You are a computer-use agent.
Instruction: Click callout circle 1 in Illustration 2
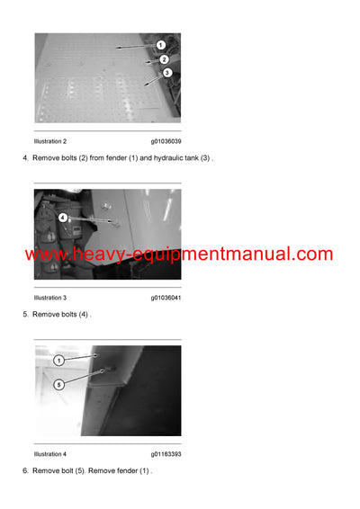(x=160, y=45)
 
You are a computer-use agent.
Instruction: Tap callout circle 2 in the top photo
(x=165, y=59)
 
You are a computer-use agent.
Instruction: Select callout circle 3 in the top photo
(x=167, y=73)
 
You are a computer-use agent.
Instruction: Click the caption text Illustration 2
(x=50, y=141)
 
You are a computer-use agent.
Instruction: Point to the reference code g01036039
(x=166, y=141)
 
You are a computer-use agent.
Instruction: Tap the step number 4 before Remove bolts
(x=24, y=158)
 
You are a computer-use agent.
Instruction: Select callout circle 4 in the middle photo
(x=63, y=218)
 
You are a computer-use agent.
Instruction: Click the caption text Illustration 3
(x=50, y=298)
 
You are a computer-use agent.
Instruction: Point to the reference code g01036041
(x=166, y=298)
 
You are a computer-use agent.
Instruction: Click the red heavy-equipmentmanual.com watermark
(x=178, y=254)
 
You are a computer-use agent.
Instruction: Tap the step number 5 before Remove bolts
(x=24, y=315)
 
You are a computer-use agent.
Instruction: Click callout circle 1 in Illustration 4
(x=59, y=361)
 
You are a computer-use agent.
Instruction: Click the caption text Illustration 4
(x=50, y=454)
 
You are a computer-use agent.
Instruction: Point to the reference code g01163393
(x=166, y=454)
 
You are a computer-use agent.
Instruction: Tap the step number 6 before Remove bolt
(x=24, y=471)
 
